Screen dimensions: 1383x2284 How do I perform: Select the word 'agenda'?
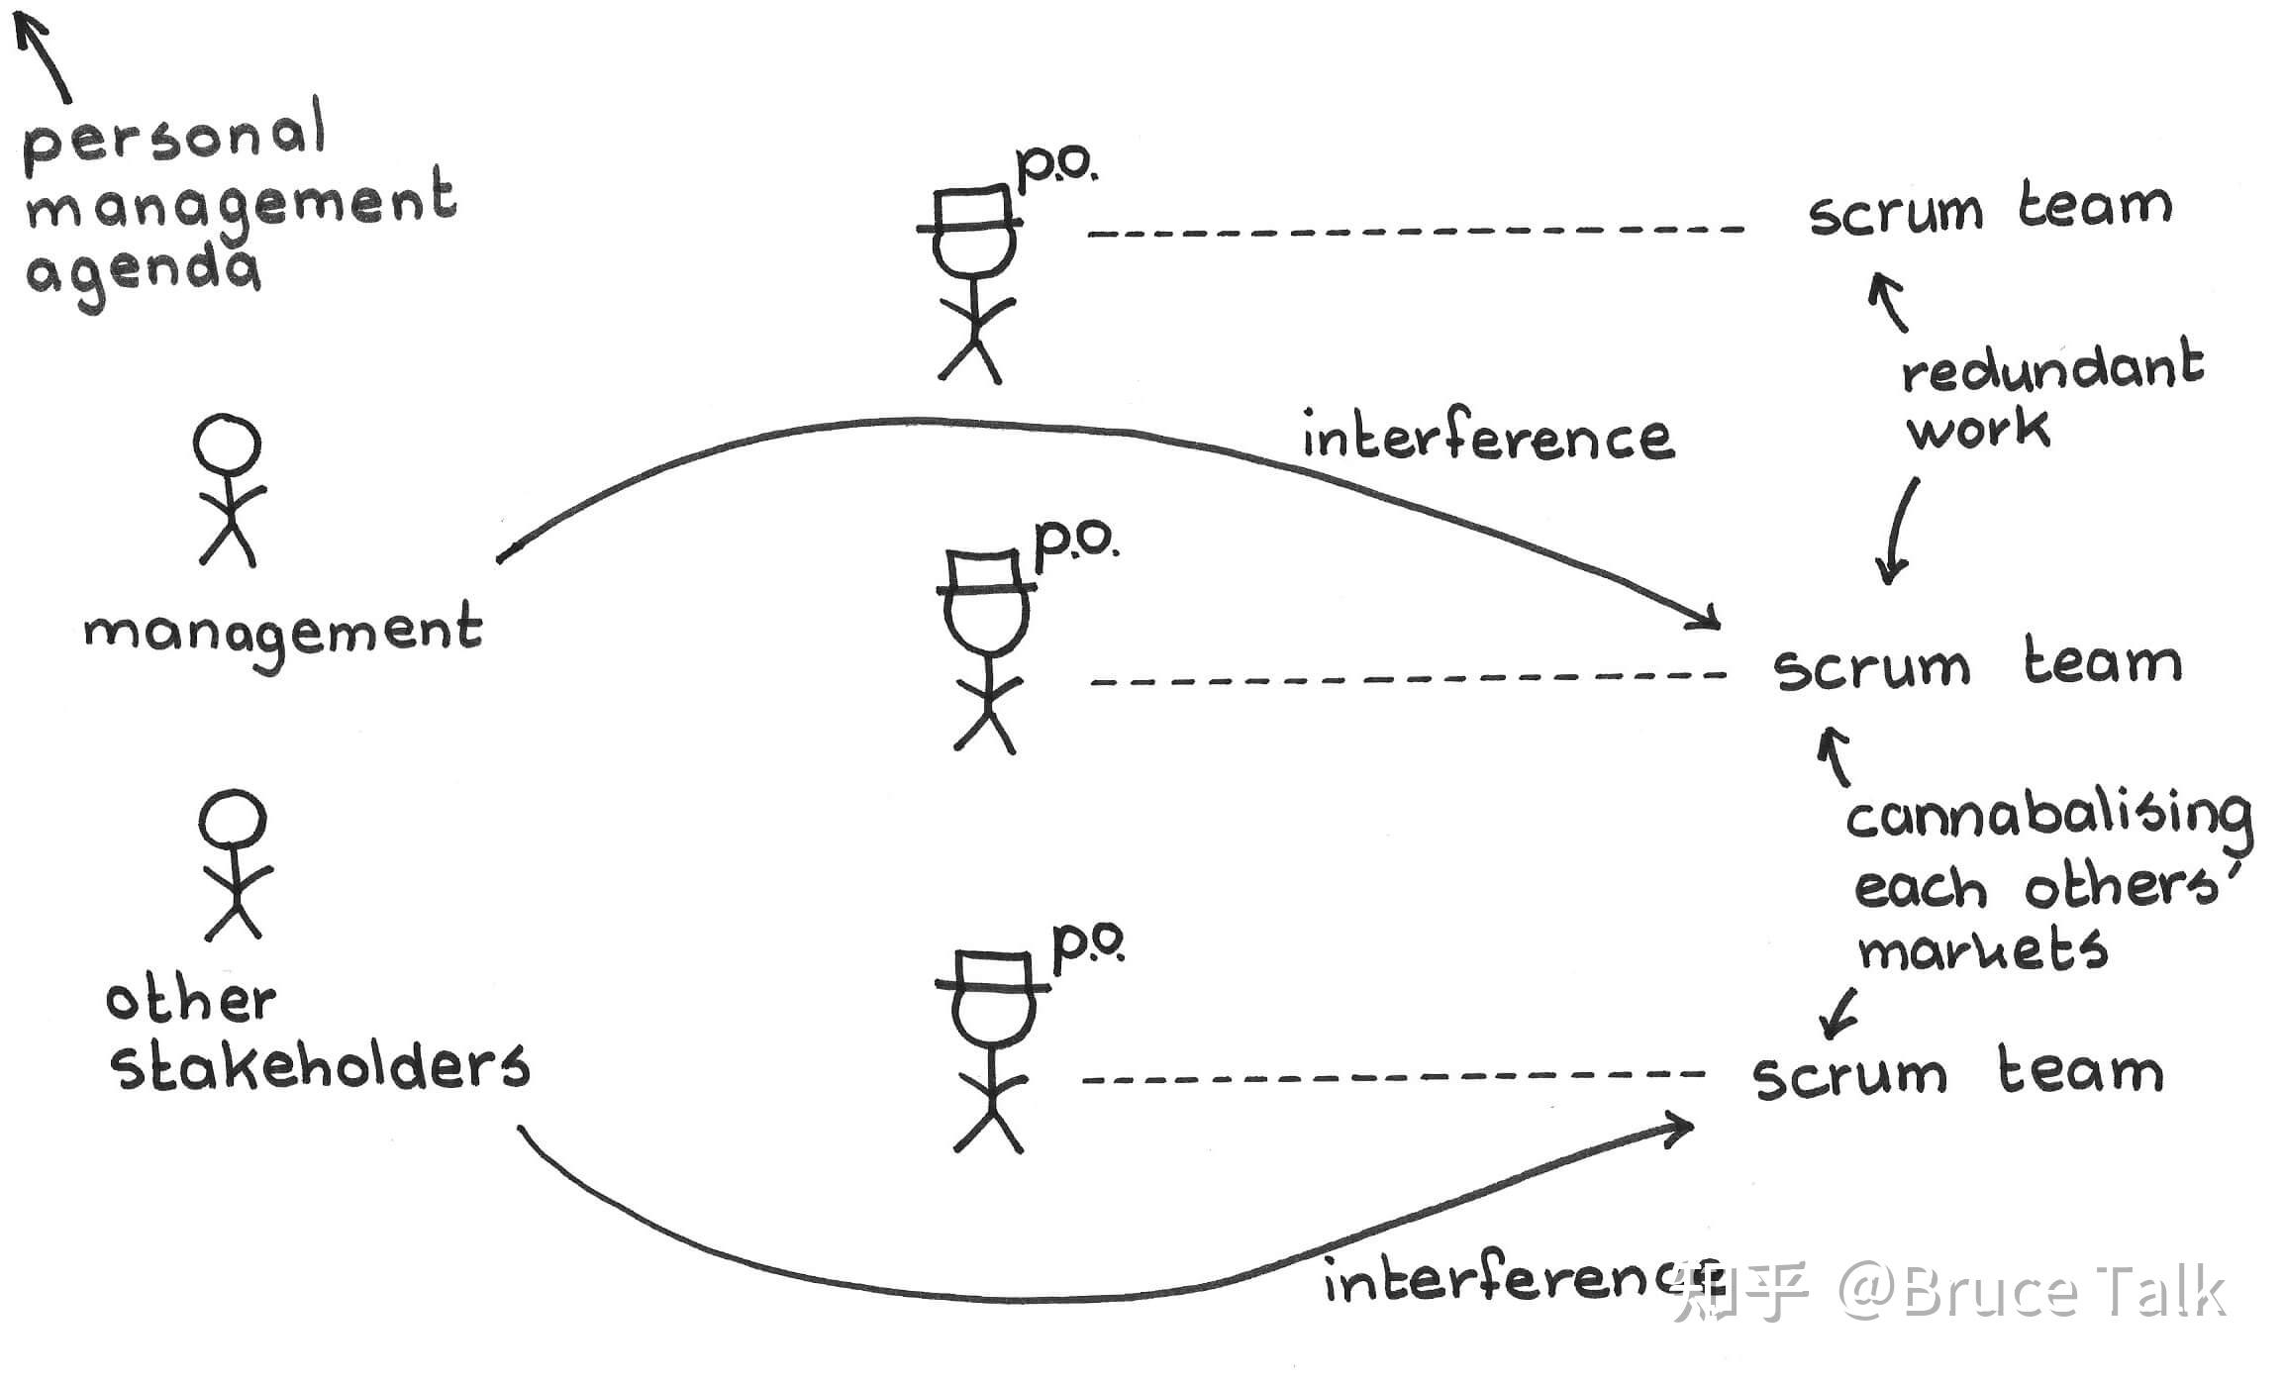pyautogui.click(x=145, y=271)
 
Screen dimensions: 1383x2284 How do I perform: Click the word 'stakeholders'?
pyautogui.click(x=319, y=1067)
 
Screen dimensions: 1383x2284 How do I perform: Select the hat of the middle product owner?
pyautogui.click(x=985, y=572)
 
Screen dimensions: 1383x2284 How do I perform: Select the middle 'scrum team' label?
pyautogui.click(x=1976, y=665)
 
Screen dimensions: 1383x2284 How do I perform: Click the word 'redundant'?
pyautogui.click(x=2051, y=368)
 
